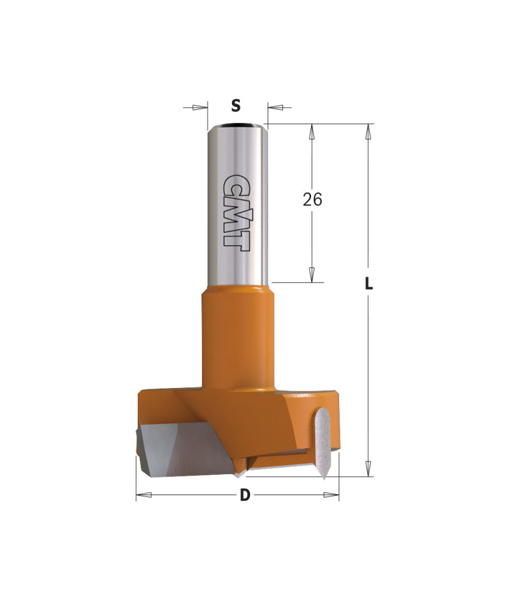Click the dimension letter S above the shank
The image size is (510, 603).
(x=236, y=105)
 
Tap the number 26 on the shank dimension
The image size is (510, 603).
(x=312, y=200)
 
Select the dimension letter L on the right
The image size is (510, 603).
(x=368, y=284)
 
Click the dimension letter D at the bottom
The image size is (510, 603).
(x=245, y=495)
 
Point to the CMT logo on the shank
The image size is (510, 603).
(x=235, y=212)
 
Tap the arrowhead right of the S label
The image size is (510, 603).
(x=275, y=107)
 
